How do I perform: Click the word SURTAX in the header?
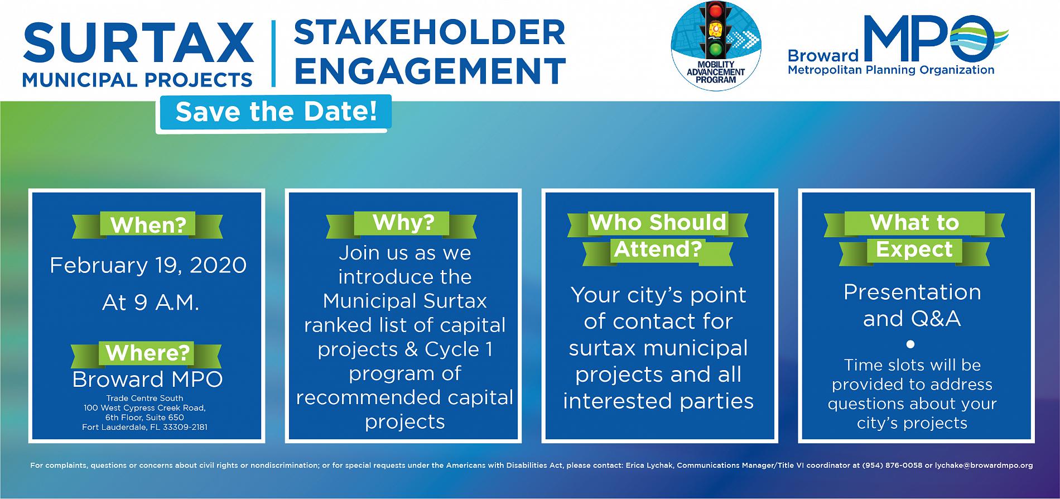click(x=138, y=42)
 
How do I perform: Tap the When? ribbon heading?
click(x=148, y=225)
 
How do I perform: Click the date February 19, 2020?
click(x=148, y=265)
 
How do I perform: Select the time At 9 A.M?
click(x=151, y=303)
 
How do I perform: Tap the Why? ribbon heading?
click(x=403, y=222)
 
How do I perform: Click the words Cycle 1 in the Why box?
click(x=459, y=349)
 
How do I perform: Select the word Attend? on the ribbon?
click(x=657, y=249)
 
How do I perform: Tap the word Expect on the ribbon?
click(x=914, y=249)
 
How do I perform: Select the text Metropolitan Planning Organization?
click(x=891, y=70)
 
